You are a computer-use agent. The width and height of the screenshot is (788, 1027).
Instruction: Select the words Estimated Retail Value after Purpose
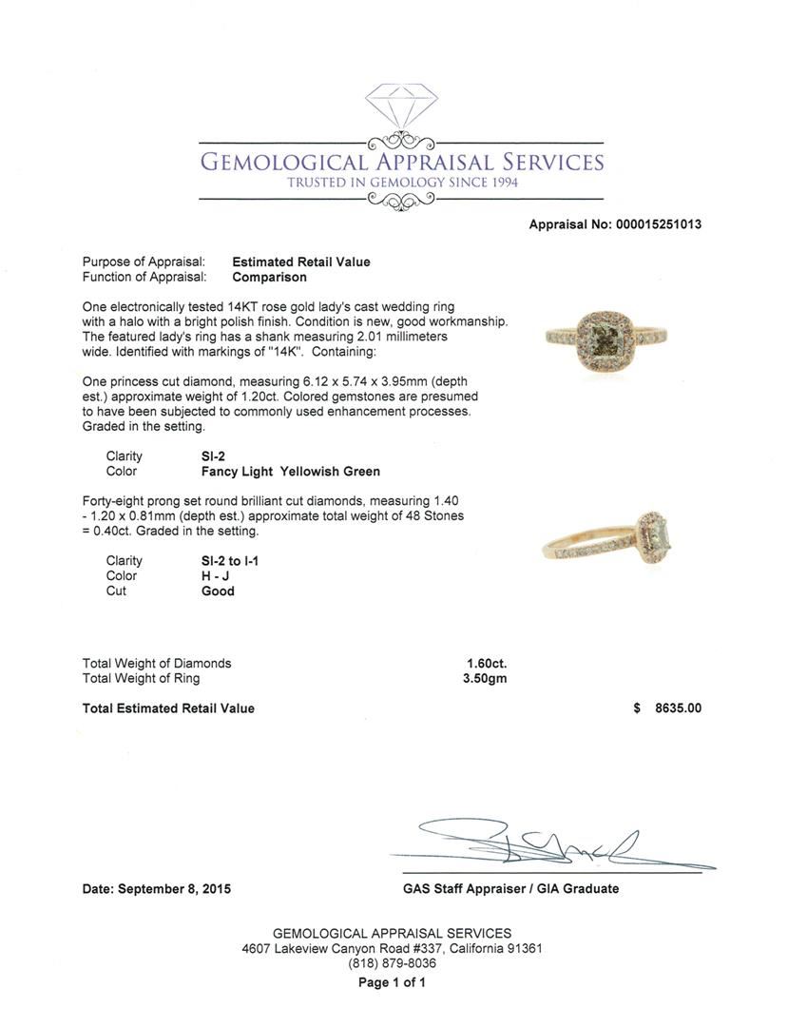[301, 262]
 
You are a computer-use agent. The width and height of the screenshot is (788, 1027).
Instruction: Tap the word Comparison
[269, 277]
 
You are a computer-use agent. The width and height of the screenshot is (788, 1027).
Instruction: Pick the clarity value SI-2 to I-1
[223, 561]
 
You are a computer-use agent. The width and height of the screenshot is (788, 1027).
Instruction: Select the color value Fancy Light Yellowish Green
[285, 471]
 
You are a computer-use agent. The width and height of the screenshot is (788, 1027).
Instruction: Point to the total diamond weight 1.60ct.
[486, 663]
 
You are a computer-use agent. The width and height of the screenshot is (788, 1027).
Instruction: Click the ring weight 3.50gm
[486, 678]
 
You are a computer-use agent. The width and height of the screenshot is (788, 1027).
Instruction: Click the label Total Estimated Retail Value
[168, 707]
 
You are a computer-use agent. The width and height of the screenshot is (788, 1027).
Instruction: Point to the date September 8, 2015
[156, 889]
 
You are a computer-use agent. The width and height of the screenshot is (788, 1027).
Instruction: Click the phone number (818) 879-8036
[392, 963]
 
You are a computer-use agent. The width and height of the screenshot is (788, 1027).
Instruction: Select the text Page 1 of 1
[392, 982]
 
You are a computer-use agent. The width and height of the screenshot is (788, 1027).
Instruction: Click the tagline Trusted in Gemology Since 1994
[402, 183]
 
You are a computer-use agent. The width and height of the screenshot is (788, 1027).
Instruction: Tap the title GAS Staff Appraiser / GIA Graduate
[510, 888]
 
